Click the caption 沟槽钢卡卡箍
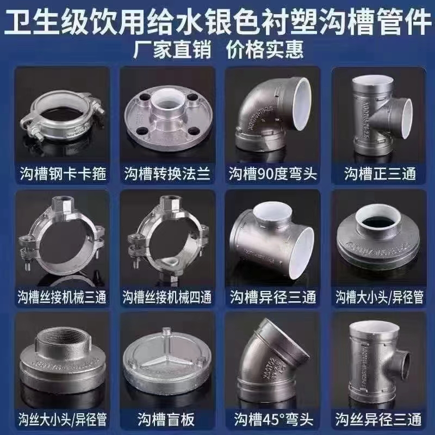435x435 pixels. (60, 174)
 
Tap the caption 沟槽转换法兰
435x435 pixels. (166, 174)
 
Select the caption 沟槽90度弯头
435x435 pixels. (274, 174)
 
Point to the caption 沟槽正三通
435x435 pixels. (380, 174)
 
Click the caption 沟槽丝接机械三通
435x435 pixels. (60, 297)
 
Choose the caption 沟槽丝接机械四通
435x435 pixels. (166, 297)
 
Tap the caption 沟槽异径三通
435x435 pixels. (274, 297)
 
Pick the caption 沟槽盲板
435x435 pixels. (166, 420)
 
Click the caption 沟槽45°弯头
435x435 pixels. (274, 420)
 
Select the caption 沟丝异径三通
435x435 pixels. (380, 420)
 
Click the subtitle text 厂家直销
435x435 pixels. (165, 49)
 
